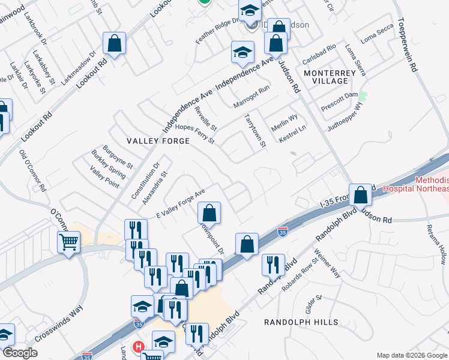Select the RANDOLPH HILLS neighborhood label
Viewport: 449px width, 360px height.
click(301, 322)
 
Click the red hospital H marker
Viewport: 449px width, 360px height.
click(139, 347)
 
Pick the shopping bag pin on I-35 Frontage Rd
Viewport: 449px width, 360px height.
click(360, 195)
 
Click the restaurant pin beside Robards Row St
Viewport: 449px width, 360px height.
click(273, 265)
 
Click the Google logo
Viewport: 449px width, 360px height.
click(20, 353)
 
